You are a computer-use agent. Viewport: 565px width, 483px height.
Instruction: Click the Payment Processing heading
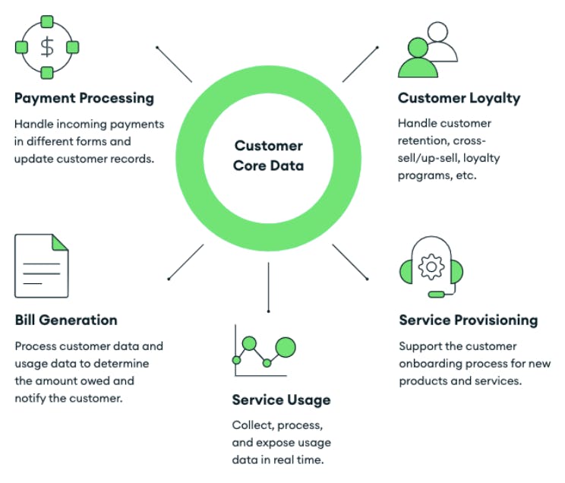point(84,98)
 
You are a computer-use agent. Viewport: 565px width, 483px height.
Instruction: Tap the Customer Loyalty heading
point(459,98)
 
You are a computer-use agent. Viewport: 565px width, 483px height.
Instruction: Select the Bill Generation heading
point(66,320)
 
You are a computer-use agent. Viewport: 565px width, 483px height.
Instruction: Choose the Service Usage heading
point(281,400)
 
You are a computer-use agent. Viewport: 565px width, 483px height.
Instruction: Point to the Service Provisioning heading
point(469,320)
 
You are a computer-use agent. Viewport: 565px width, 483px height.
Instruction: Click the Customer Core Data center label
point(268,156)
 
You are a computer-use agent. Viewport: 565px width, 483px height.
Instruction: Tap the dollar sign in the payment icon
point(47,47)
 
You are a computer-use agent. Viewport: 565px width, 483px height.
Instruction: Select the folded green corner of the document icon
point(59,242)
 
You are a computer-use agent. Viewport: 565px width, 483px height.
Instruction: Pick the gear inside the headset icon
point(431,265)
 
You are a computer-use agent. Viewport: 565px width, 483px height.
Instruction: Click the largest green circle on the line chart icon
point(286,347)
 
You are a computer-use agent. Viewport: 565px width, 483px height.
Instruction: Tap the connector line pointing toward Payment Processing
point(174,65)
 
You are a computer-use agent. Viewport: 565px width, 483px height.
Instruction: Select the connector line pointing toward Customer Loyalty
point(360,64)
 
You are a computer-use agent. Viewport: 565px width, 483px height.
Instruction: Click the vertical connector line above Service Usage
point(268,287)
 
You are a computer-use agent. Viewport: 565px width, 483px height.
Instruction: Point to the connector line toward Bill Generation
point(185,262)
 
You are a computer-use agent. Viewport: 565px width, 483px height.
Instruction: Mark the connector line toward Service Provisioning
point(351,262)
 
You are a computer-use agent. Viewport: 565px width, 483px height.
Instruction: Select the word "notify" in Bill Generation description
point(32,398)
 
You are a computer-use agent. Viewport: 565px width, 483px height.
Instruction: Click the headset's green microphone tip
point(436,294)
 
